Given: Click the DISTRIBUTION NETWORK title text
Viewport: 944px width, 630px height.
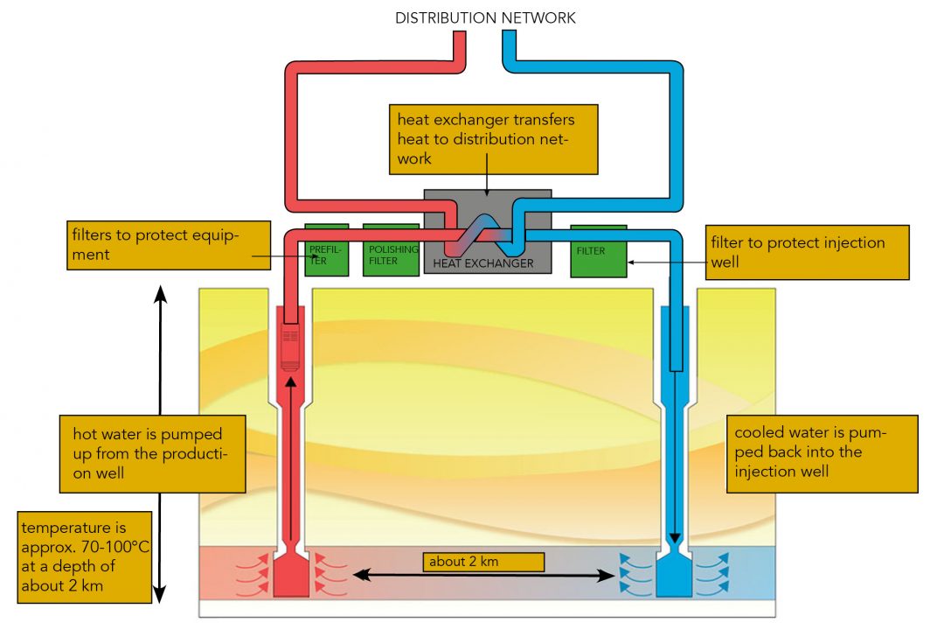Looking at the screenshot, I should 486,17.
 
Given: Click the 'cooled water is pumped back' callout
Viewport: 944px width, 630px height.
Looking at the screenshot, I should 822,453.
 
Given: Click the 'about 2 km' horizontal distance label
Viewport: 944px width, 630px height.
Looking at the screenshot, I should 484,562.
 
